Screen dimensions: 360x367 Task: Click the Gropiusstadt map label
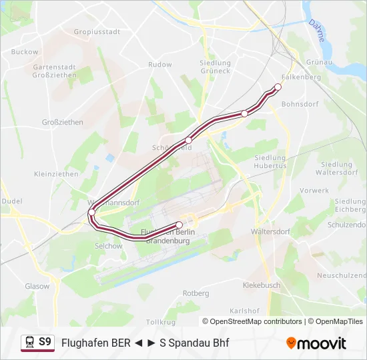(x=97, y=31)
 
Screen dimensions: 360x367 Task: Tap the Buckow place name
(x=25, y=51)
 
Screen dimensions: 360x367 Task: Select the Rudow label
(x=160, y=65)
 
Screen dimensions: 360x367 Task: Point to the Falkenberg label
(x=302, y=77)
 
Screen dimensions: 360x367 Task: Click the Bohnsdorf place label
(x=300, y=104)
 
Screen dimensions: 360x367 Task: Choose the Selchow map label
(x=109, y=246)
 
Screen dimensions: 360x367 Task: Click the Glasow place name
(x=37, y=286)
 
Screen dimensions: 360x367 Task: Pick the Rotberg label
(x=196, y=293)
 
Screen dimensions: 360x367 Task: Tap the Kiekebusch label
(x=261, y=285)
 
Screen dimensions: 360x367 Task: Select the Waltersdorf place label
(x=270, y=232)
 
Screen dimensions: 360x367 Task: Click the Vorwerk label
(x=314, y=190)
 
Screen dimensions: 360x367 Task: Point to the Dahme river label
(x=316, y=31)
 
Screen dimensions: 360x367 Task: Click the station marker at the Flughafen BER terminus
(x=179, y=225)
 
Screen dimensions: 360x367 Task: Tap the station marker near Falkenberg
(x=278, y=87)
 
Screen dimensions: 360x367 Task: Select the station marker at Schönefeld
(x=189, y=140)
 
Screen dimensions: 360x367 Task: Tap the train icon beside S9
(x=29, y=342)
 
